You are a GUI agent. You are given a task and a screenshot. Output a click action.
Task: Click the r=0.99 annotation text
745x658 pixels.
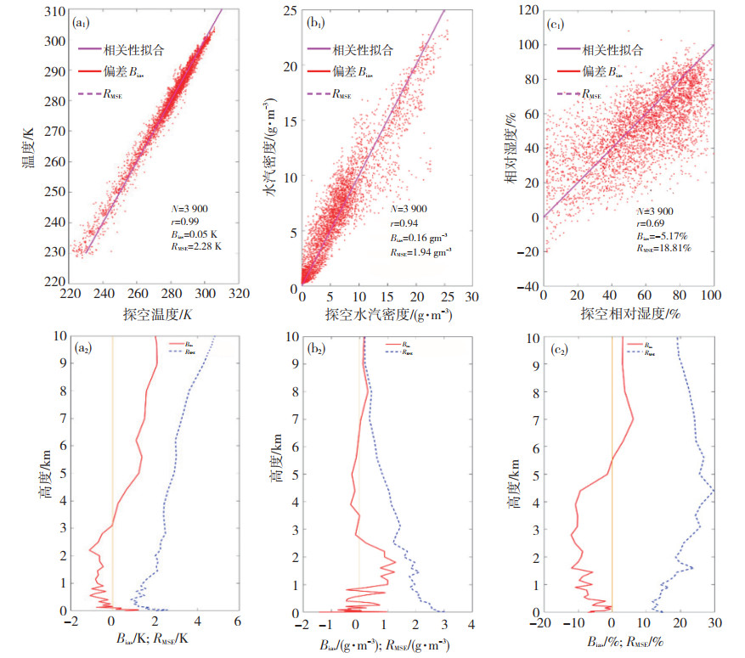pos(183,217)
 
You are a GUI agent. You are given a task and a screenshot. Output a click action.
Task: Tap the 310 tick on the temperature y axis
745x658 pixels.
pos(57,11)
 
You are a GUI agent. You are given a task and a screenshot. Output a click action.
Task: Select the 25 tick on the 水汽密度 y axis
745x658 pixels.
pos(289,11)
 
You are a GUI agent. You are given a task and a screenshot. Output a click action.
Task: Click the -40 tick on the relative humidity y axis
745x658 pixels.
pos(527,287)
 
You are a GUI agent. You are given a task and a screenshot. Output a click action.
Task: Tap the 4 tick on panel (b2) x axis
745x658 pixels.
pos(471,624)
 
